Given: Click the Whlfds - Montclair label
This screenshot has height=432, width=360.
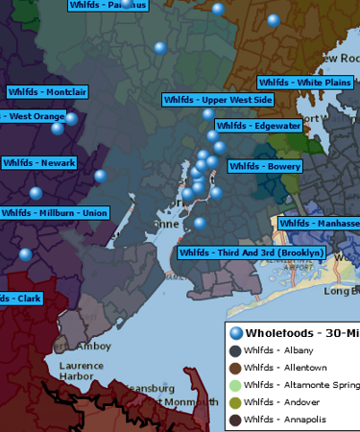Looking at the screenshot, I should click(x=48, y=92).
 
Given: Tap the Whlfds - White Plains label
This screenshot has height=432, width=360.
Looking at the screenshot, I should click(x=305, y=83).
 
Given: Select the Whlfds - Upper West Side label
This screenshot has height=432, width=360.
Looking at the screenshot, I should click(x=218, y=100).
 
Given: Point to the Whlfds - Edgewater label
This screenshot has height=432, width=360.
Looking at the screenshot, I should click(x=258, y=126).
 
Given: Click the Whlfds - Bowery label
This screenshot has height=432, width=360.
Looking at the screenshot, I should click(x=265, y=166).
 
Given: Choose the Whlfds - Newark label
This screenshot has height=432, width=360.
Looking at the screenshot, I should click(x=38, y=163).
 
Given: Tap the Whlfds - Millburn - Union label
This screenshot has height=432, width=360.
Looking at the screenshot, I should click(x=54, y=213).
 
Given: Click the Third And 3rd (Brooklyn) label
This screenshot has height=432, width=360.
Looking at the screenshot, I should click(x=252, y=252).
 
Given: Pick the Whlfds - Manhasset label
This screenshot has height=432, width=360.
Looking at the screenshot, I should click(x=319, y=223).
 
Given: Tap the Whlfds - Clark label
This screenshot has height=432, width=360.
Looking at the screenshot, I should click(x=20, y=299).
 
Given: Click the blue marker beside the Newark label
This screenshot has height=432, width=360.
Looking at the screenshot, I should click(x=101, y=176).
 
